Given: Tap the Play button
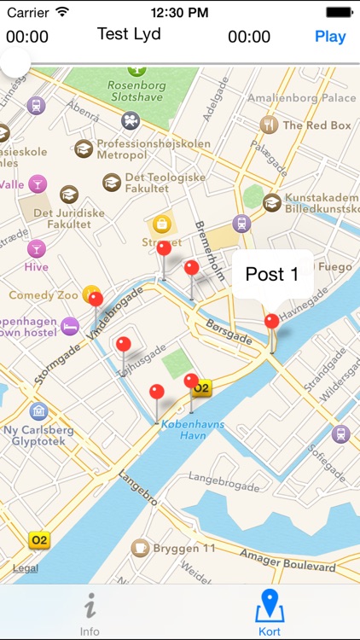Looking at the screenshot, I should (x=330, y=37).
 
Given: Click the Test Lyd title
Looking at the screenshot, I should (x=128, y=34).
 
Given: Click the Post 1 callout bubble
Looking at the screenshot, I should (x=272, y=274).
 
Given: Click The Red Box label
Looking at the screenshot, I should (x=316, y=125).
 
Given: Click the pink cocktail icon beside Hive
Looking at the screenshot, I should (x=36, y=248).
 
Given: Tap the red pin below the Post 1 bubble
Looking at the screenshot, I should (x=271, y=322).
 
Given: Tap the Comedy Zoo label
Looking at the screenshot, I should (x=43, y=295).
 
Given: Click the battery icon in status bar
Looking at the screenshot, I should (x=340, y=13).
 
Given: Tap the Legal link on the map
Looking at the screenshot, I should (x=25, y=568).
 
